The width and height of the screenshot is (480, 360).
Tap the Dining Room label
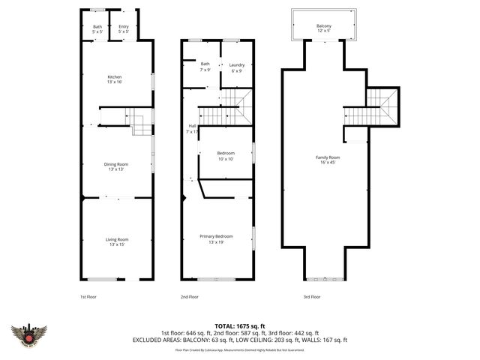pyautogui.click(x=116, y=166)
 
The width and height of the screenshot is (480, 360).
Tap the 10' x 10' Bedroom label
pyautogui.click(x=225, y=156)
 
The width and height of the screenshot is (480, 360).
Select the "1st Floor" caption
pyautogui.click(x=88, y=297)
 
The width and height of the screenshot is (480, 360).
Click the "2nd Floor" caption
pyautogui.click(x=190, y=297)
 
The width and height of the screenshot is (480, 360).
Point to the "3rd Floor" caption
pyautogui.click(x=311, y=297)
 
